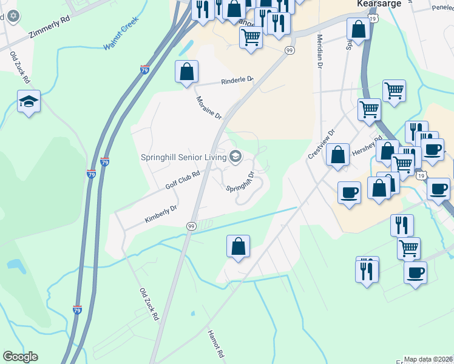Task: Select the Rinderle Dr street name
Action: [237, 81]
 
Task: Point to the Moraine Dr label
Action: [209, 107]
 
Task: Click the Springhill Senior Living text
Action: [183, 157]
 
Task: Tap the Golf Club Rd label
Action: [183, 180]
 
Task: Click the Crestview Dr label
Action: [322, 144]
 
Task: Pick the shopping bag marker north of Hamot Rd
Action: [238, 246]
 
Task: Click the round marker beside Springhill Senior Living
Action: [235, 158]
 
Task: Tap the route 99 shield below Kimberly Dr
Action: [191, 226]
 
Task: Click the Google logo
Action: [20, 357]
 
